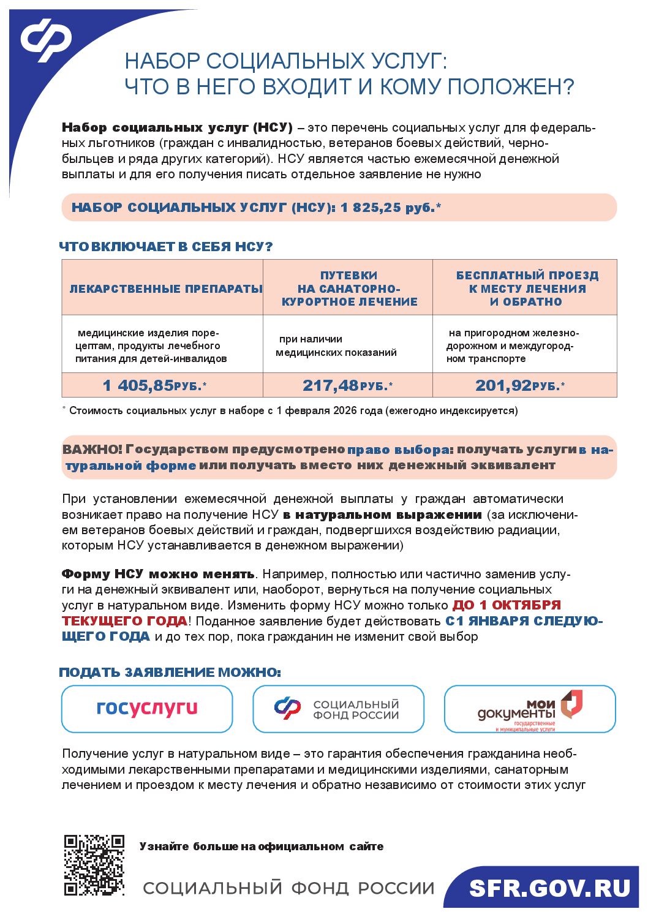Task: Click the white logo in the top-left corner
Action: [46, 40]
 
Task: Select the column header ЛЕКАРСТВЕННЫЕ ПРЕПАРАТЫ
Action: [165, 289]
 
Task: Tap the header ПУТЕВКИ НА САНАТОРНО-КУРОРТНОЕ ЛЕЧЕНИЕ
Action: [349, 289]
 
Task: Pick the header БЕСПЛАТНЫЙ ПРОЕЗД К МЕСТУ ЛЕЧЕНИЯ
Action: [526, 289]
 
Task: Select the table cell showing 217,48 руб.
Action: [347, 385]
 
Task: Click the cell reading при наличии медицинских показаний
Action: [336, 345]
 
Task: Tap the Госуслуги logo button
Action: [147, 708]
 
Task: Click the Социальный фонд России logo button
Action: [338, 709]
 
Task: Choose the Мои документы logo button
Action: [529, 709]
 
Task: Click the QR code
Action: [94, 864]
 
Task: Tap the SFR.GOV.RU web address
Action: [549, 888]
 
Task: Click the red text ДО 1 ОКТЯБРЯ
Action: [507, 605]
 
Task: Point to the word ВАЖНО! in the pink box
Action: [92, 450]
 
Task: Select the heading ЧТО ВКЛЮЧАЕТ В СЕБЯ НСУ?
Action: [165, 247]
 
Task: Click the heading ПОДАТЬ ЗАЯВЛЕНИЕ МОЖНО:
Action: [170, 673]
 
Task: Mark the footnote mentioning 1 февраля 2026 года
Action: [293, 410]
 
